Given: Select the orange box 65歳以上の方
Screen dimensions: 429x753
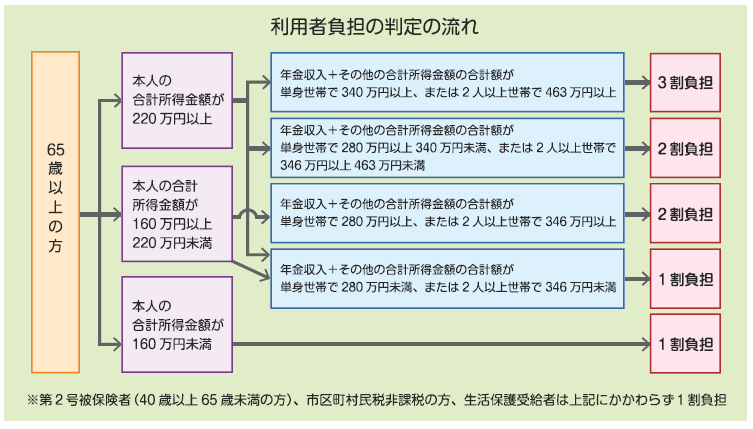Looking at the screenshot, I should [56, 212].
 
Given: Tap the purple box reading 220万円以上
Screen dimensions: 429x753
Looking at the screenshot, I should [176, 96].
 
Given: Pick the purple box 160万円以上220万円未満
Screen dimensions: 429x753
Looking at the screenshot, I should [176, 214].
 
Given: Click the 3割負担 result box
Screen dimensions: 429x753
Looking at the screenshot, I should [685, 83].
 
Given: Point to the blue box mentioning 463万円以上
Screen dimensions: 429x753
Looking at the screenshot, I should [447, 83].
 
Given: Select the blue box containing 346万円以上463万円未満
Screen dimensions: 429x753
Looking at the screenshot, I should [447, 146].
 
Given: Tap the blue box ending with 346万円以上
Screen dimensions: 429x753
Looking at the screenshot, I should [447, 214].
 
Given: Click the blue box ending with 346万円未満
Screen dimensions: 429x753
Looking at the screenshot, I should [447, 278].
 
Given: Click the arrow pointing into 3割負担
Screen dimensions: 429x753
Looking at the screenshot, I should [637, 83].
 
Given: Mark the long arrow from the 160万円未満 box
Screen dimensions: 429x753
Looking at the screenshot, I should [440, 344].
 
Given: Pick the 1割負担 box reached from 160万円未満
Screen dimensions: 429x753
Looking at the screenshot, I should [685, 344].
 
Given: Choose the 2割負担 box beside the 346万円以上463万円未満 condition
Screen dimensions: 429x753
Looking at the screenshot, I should [685, 147].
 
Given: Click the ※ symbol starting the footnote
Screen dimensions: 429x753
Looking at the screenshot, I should [33, 400].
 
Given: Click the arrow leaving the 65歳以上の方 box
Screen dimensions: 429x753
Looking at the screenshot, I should [92, 214].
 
